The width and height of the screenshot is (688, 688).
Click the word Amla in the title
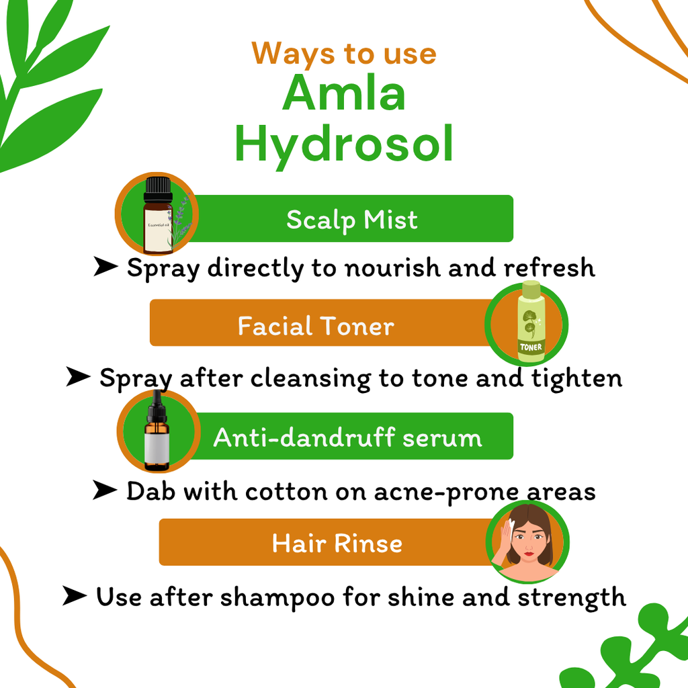click(x=343, y=93)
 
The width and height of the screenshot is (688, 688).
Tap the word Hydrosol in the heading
click(x=344, y=144)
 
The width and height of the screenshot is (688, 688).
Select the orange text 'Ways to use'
click(x=344, y=54)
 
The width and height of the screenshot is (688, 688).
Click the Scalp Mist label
click(x=352, y=220)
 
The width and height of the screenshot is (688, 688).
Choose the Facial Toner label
click(x=316, y=326)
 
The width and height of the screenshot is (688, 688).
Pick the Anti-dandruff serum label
click(x=347, y=437)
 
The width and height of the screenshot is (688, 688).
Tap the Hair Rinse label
click(x=337, y=543)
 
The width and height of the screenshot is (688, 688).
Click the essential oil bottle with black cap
click(x=158, y=215)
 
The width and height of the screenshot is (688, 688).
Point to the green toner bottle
click(x=531, y=322)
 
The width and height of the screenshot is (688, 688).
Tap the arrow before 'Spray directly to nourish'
click(x=105, y=266)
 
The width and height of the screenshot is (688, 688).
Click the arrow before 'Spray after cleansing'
click(x=78, y=376)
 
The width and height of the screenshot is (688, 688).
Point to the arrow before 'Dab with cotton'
click(x=105, y=490)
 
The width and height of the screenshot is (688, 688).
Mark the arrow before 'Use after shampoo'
click(x=75, y=595)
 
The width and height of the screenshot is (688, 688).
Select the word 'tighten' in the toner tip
click(x=576, y=379)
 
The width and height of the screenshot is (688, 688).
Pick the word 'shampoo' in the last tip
click(x=277, y=598)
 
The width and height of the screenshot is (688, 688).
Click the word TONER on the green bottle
click(x=531, y=347)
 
